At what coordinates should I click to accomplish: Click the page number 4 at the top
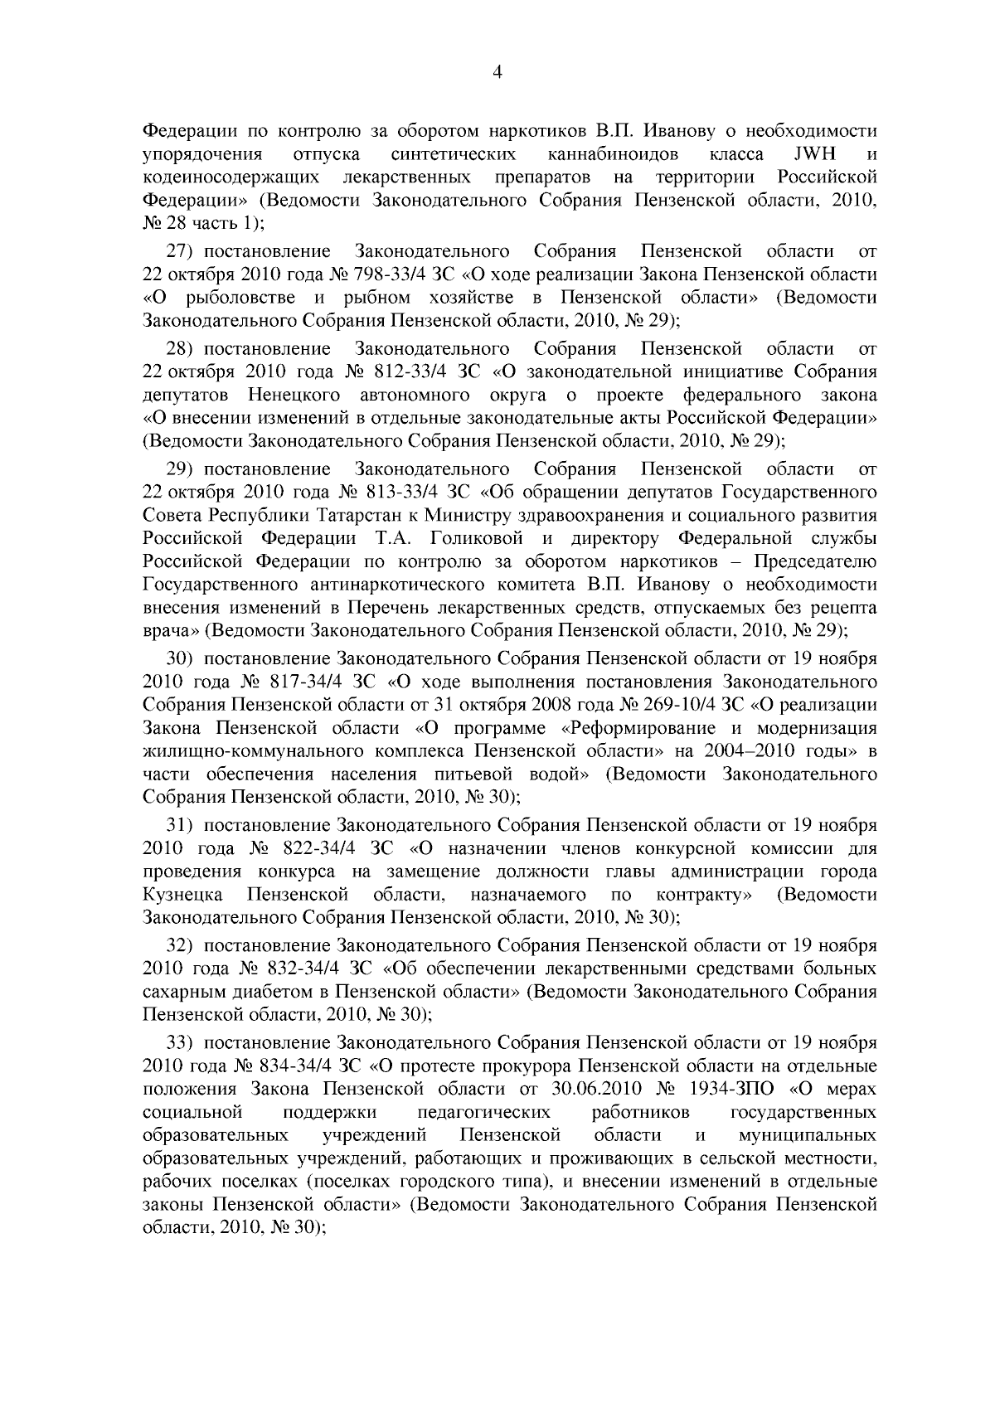[497, 72]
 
